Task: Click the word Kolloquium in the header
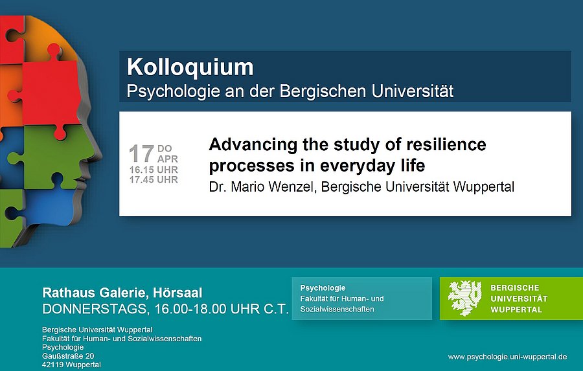tap(190, 67)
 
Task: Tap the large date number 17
tap(141, 153)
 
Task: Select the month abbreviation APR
tap(168, 159)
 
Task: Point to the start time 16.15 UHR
tap(154, 170)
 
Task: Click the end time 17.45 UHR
tap(154, 180)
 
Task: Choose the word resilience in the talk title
tap(446, 144)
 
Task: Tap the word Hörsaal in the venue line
tap(177, 293)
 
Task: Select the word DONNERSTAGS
tap(94, 309)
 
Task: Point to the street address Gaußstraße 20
tap(68, 356)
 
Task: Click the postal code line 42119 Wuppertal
tap(71, 365)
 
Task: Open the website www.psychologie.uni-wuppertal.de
tap(507, 357)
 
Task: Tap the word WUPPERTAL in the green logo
tap(516, 309)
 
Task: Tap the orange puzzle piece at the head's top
tap(52, 36)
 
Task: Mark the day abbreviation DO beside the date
tap(165, 149)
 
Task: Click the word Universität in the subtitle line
tap(413, 91)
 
